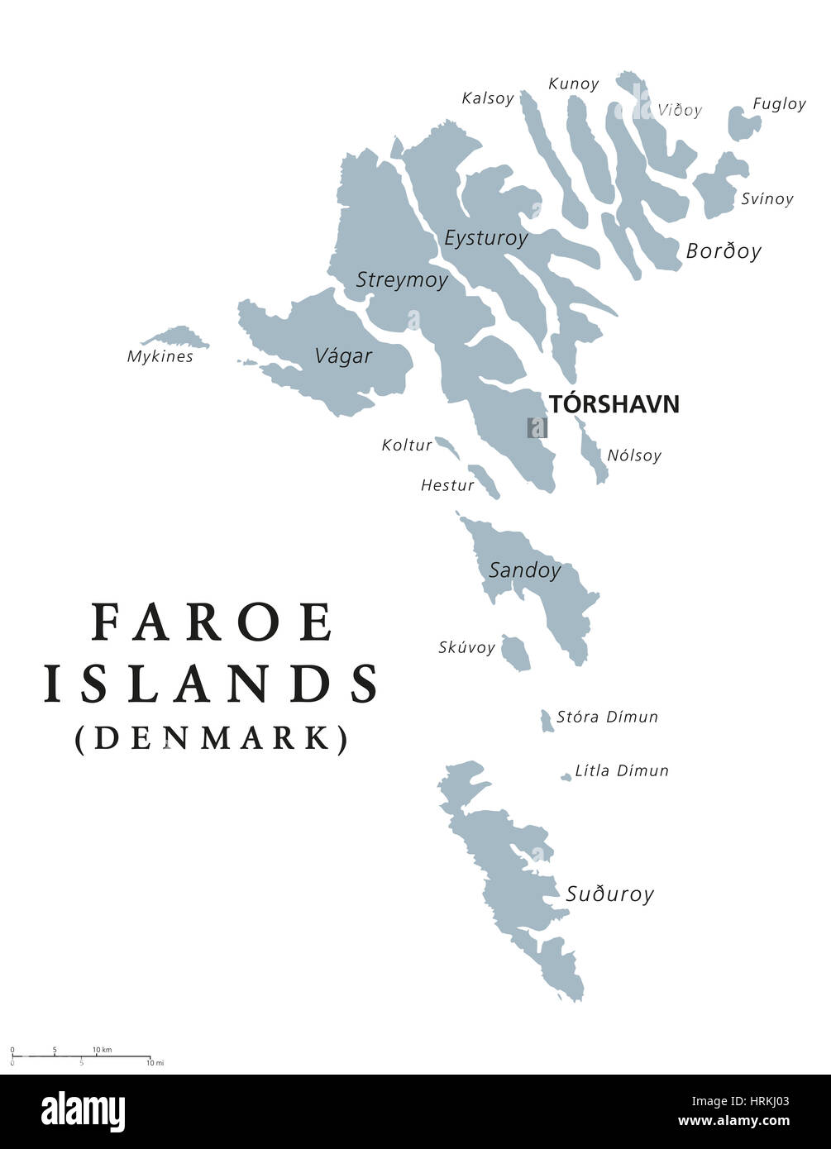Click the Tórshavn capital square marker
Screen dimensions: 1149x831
pos(537,427)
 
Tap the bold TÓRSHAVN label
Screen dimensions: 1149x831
pos(614,404)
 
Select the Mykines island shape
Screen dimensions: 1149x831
pos(177,337)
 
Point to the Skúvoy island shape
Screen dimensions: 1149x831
pos(516,654)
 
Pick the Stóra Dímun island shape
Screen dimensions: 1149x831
pos(547,721)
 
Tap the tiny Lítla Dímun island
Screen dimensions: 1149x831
pos(566,777)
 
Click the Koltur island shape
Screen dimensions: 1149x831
pos(447,448)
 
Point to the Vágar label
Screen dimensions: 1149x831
pos(343,356)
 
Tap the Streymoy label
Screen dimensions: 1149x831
pos(402,280)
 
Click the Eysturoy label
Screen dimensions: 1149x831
pos(485,238)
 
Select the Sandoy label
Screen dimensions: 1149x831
pos(524,570)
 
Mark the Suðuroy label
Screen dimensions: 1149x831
pos(609,894)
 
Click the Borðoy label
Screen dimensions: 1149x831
pos(723,251)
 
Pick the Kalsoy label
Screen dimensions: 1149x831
pos(488,98)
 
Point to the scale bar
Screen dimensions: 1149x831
pos(80,1056)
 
